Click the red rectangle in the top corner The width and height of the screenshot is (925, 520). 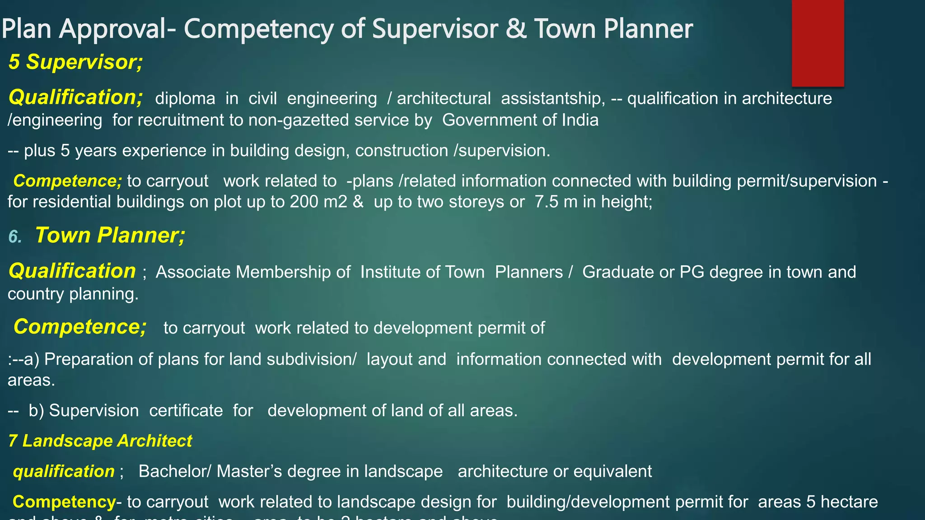click(818, 43)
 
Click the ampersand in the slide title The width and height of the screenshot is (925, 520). click(516, 28)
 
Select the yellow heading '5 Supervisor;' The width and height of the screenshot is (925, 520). click(75, 62)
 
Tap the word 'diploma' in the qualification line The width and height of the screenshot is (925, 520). click(185, 98)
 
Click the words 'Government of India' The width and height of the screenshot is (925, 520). click(520, 120)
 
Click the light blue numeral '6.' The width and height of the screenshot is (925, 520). click(15, 237)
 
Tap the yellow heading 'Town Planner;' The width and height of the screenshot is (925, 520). click(110, 235)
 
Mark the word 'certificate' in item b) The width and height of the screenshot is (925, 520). click(186, 411)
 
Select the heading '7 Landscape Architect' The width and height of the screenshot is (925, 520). click(100, 441)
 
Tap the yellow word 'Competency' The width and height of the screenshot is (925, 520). click(64, 502)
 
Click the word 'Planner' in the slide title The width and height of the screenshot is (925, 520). click(648, 28)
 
